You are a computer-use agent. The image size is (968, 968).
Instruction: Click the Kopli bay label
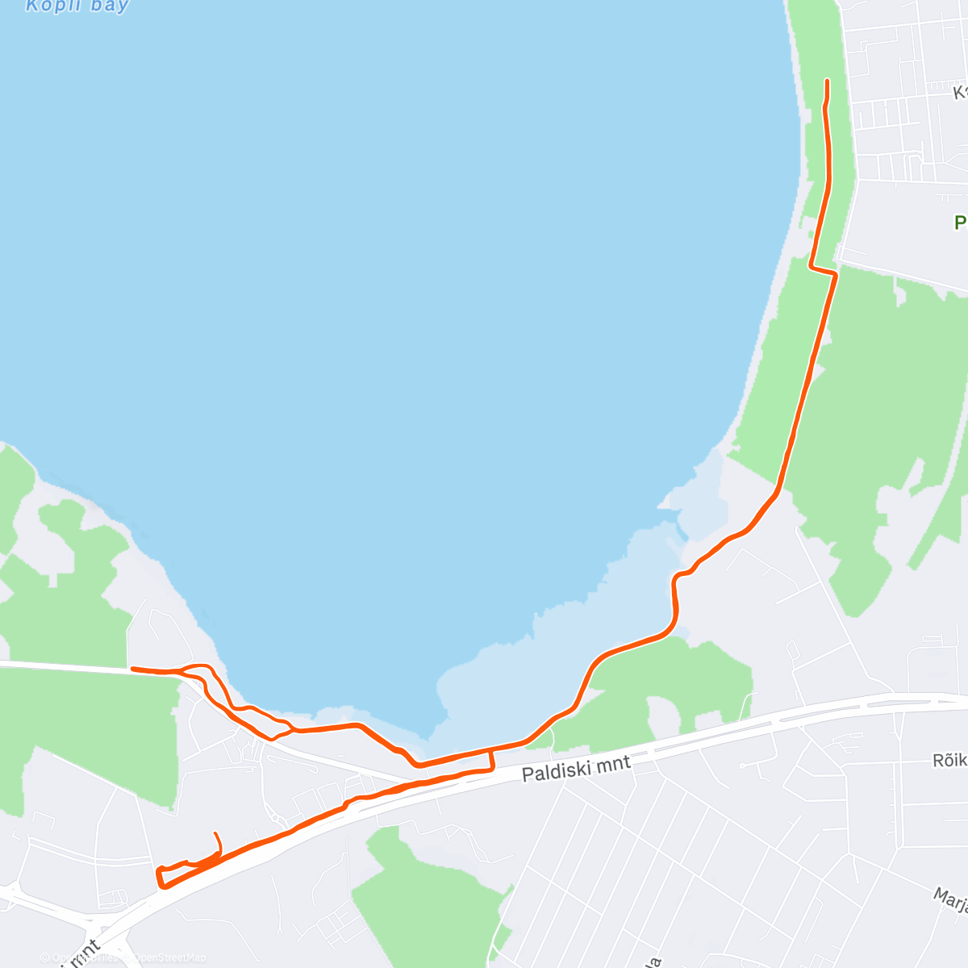pos(77,6)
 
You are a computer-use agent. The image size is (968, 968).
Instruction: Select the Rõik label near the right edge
pos(949,760)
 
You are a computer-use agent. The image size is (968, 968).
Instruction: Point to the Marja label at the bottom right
pos(952,899)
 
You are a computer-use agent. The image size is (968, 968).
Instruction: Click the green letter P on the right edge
pos(961,222)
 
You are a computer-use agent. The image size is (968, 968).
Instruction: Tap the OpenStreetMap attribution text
pos(169,958)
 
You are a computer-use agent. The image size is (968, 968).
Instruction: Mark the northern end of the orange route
pos(828,81)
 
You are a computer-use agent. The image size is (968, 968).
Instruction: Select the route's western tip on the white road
pos(133,669)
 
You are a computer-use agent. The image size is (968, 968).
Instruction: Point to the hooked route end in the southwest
pos(215,834)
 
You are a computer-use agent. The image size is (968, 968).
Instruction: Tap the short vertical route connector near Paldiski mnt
pos(492,761)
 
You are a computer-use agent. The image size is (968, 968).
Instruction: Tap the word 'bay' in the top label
pos(110,6)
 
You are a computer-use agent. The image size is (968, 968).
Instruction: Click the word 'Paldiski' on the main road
pos(557,771)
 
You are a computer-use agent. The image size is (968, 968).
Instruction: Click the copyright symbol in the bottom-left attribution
pos(44,958)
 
